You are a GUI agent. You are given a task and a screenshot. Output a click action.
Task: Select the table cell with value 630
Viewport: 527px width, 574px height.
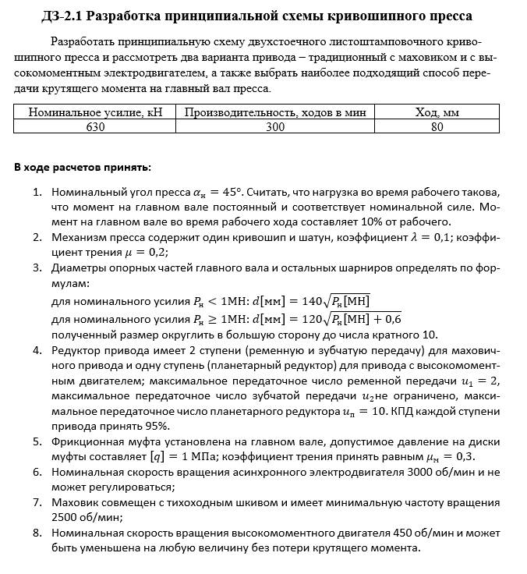tap(95, 126)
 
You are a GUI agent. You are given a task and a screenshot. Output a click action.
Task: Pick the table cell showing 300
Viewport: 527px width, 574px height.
tap(275, 126)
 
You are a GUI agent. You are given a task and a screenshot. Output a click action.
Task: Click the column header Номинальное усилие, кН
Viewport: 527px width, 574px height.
tap(95, 112)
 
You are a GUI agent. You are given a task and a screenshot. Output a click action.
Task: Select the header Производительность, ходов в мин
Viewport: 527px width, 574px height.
tap(275, 112)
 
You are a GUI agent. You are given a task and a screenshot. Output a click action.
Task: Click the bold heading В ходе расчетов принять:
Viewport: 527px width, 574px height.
tap(83, 168)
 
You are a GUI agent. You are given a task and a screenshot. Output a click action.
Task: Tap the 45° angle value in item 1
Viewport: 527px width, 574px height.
tap(230, 192)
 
